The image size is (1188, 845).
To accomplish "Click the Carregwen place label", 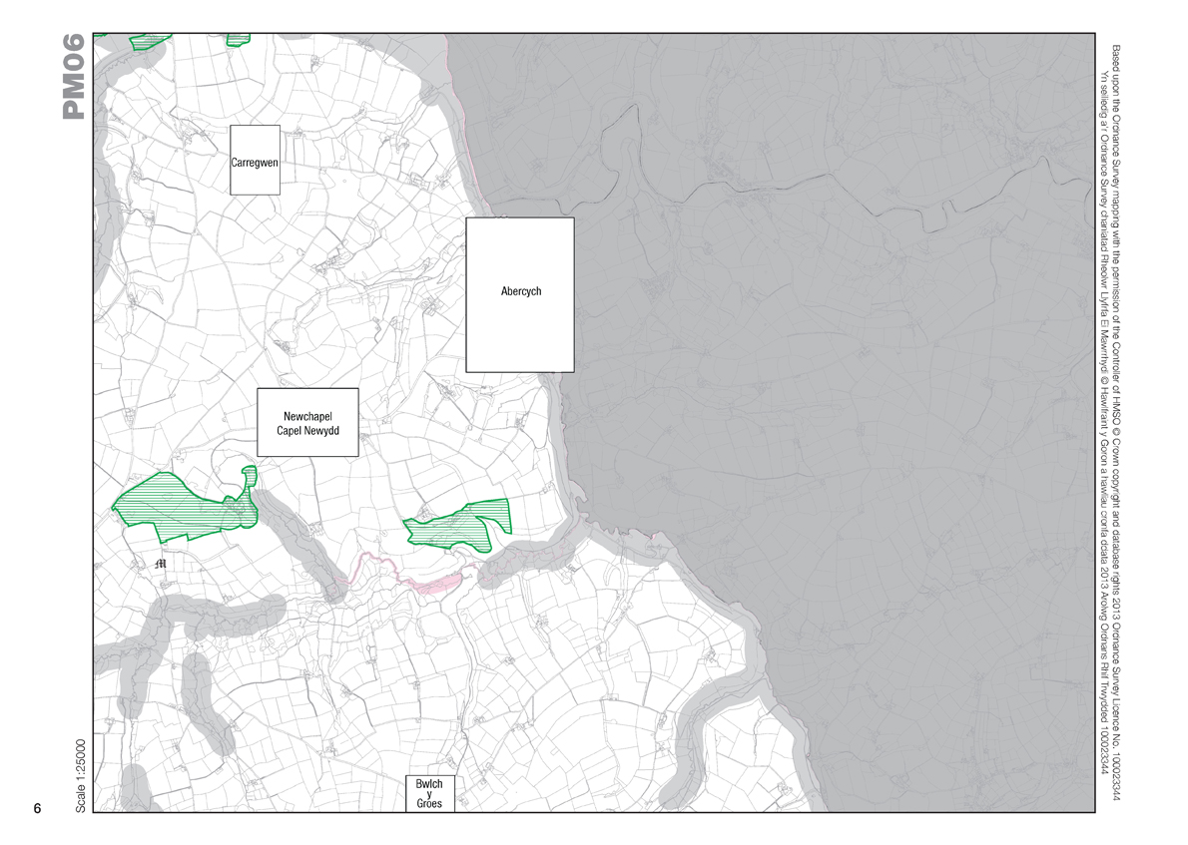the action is pos(254,162).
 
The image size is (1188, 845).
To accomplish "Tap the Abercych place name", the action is pos(520,292).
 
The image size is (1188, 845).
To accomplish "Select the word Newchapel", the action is pos(306,416).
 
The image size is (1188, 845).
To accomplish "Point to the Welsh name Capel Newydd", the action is pos(307,431).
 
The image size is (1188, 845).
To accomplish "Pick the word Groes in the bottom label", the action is pos(429,803).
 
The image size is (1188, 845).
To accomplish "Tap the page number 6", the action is pos(37,808).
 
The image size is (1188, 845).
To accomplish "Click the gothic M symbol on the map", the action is pos(163,564).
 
